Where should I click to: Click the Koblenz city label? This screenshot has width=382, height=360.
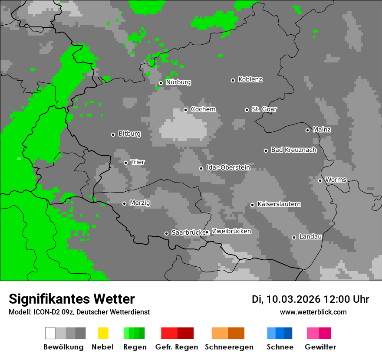[250, 80]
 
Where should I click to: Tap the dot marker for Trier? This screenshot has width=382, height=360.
[125, 163]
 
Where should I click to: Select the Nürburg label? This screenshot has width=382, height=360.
[178, 82]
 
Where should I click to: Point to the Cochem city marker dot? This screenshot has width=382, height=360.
[185, 110]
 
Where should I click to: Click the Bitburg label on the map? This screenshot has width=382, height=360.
[129, 134]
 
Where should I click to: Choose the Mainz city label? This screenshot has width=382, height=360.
[322, 130]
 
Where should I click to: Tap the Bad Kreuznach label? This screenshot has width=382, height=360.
[293, 150]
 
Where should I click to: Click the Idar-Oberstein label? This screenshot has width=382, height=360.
[228, 167]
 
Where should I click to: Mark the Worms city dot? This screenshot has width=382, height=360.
[320, 180]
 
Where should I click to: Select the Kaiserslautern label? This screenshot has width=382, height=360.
[279, 204]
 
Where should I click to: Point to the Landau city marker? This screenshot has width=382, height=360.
[294, 237]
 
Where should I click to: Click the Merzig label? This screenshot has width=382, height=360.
[140, 203]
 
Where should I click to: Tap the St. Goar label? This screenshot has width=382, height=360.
[264, 109]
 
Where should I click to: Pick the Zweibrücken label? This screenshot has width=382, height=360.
[231, 231]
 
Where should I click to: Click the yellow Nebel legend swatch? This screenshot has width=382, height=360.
[103, 333]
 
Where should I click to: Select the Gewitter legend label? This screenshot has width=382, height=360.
[320, 347]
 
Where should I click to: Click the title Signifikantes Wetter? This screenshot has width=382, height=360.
[72, 299]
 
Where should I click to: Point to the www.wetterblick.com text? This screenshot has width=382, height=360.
[313, 312]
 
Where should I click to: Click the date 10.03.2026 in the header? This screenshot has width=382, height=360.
[293, 299]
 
